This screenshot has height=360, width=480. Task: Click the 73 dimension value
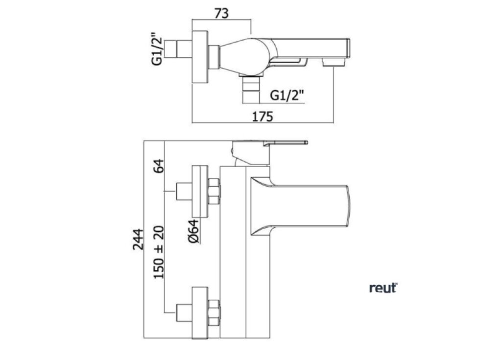tap(221, 13)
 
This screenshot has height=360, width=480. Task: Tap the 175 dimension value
tap(262, 117)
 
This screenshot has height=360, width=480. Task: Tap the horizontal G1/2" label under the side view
tap(288, 96)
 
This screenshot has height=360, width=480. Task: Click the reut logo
tap(383, 288)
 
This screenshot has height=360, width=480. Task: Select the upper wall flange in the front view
tap(201, 191)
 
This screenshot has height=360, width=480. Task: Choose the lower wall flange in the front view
tap(201, 312)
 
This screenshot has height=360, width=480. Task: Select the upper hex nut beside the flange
tap(214, 191)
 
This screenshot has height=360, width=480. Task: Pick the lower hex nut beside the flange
tap(214, 312)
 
